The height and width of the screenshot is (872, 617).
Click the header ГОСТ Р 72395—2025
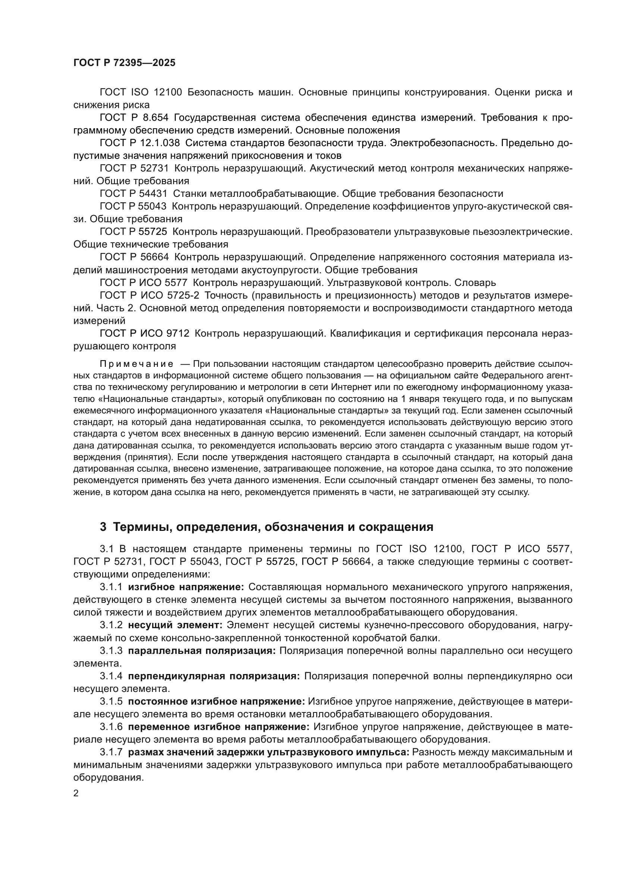124,63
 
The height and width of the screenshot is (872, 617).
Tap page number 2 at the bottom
76,793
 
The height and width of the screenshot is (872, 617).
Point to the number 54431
153,194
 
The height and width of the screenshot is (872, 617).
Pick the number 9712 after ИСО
178,333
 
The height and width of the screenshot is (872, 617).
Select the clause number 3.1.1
111,587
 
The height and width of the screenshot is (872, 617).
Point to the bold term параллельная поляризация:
202,651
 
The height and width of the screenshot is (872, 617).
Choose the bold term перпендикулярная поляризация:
214,676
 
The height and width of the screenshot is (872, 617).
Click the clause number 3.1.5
111,702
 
